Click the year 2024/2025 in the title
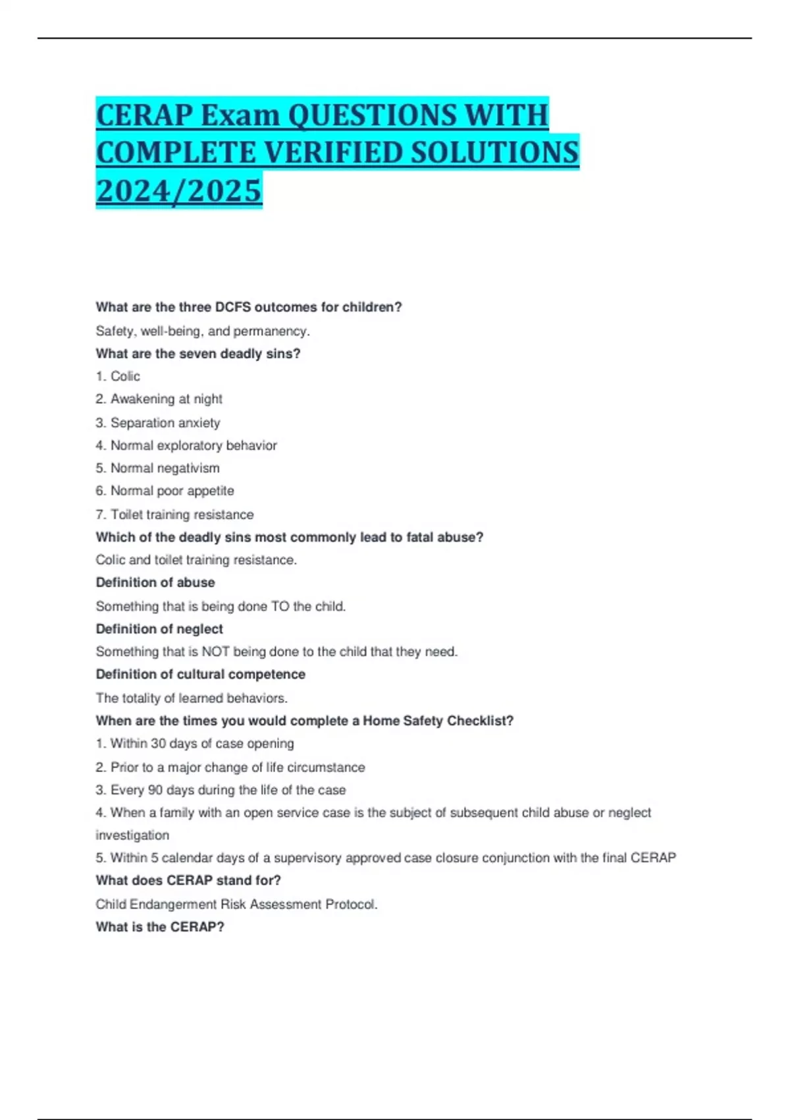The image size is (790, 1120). click(179, 190)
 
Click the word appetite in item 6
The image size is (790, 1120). click(211, 491)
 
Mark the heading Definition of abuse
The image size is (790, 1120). click(155, 582)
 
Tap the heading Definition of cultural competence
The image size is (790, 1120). click(200, 674)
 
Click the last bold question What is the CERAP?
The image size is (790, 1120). click(160, 926)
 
